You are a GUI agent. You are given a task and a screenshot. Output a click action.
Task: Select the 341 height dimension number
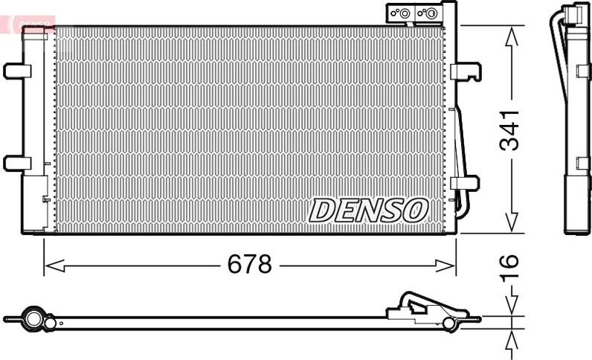pos(509,129)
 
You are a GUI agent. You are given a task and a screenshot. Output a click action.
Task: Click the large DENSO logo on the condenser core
pos(369,210)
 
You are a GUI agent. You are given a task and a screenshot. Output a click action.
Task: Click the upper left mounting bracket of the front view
pos(17,71)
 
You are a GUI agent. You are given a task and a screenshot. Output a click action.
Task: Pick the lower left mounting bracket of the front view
pos(17,163)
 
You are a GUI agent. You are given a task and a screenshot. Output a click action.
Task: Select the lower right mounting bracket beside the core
pos(464,182)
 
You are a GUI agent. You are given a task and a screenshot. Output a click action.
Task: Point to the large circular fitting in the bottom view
pos(33,318)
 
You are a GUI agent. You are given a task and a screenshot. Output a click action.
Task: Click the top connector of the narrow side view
pos(574,15)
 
